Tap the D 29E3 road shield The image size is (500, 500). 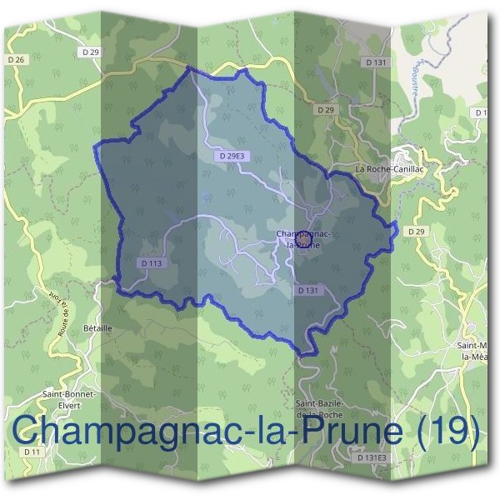(231, 156)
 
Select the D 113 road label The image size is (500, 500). (151, 262)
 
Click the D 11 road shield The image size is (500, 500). (32, 451)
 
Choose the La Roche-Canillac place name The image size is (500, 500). (384, 169)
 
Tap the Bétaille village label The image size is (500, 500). (97, 328)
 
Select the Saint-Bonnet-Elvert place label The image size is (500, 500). (71, 398)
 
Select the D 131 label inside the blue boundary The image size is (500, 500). (307, 290)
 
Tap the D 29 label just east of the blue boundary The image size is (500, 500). (417, 231)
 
